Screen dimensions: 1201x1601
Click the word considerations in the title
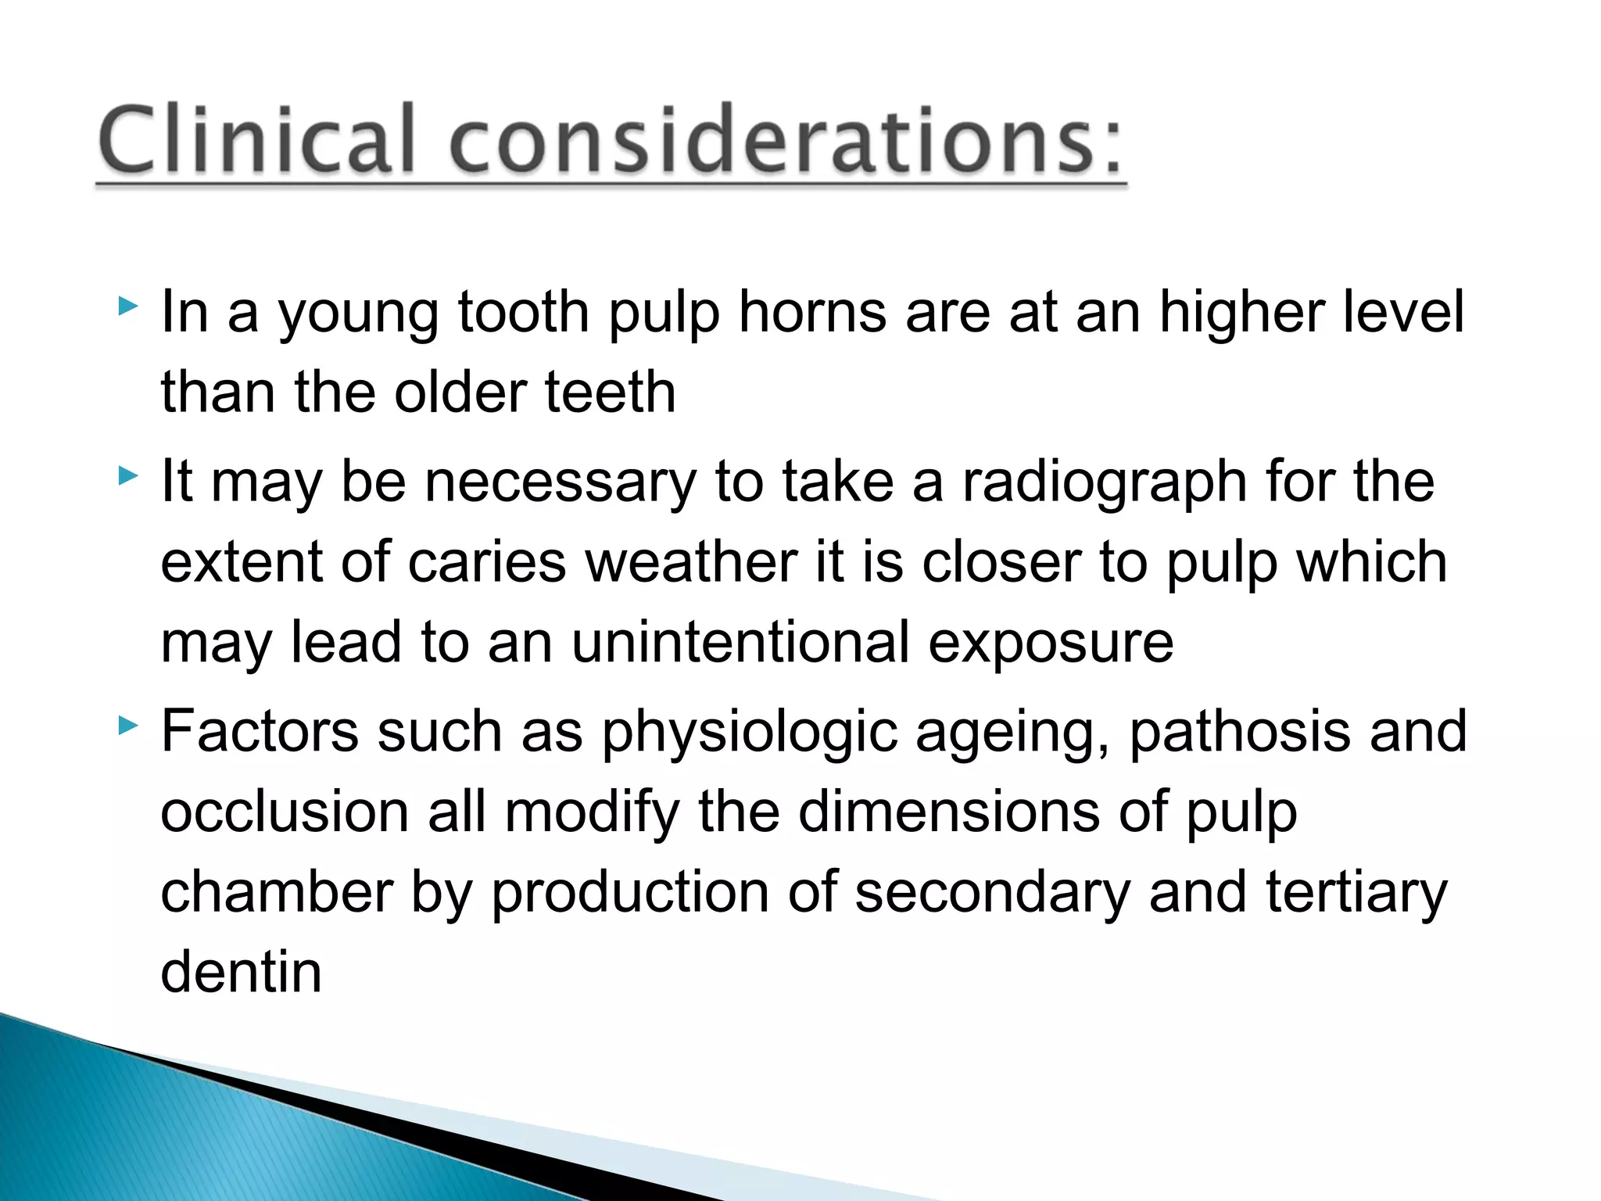[x=786, y=141]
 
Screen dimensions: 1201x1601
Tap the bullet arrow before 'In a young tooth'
[x=127, y=306]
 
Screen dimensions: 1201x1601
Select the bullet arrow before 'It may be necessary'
[x=127, y=475]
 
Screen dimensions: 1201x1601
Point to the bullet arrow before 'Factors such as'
[x=127, y=726]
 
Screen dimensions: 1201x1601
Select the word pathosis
[x=1240, y=733]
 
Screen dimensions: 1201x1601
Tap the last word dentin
[x=241, y=972]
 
